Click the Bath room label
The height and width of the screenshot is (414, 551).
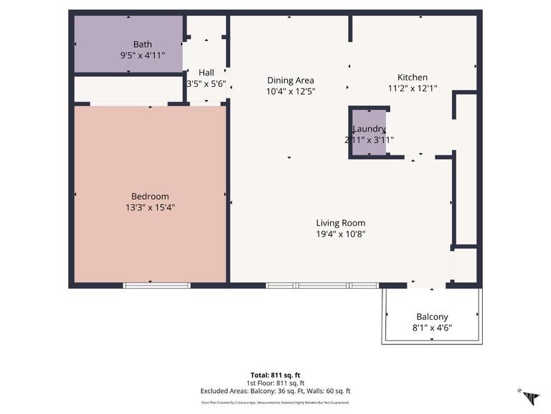(x=142, y=45)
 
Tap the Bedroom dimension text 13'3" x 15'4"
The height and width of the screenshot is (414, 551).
(x=150, y=208)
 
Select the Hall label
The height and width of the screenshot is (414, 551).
(x=206, y=73)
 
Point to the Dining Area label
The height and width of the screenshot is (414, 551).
(x=291, y=80)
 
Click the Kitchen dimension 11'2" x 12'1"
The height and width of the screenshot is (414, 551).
(x=413, y=88)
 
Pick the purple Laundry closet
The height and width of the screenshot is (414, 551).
(x=369, y=132)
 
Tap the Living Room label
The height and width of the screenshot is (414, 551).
(x=341, y=223)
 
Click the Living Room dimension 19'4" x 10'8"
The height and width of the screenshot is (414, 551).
(x=341, y=234)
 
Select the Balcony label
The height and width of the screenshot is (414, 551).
(x=432, y=317)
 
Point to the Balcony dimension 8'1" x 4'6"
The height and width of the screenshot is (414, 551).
(x=432, y=328)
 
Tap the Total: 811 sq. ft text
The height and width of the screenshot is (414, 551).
(x=275, y=375)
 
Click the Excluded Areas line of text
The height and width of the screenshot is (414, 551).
(x=275, y=391)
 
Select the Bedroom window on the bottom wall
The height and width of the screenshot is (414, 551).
(x=156, y=285)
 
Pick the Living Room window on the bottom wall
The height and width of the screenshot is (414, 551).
(x=321, y=285)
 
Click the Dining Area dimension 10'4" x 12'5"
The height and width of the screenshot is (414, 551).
(x=291, y=91)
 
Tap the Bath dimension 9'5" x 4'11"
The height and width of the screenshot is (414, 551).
(x=142, y=55)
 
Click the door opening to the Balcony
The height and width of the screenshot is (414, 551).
(x=421, y=285)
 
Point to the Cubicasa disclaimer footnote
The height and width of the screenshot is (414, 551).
(x=275, y=402)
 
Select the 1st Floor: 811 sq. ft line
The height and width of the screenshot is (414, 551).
(x=275, y=383)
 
